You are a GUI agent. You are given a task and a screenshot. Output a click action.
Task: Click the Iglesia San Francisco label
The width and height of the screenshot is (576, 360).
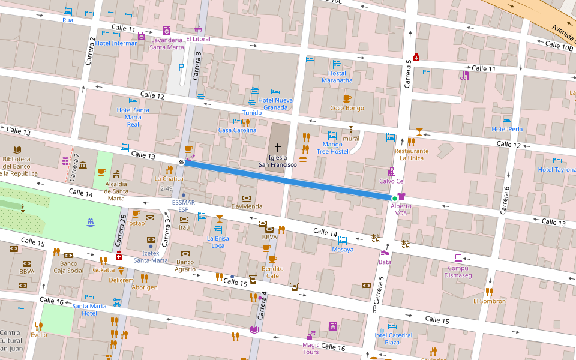[278, 161]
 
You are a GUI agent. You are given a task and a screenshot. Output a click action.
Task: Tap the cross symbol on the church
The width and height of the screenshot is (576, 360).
[278, 147]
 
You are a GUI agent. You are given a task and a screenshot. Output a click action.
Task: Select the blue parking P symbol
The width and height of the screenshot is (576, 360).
[181, 68]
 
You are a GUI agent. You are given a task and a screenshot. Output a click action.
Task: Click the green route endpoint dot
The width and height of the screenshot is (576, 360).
[394, 198]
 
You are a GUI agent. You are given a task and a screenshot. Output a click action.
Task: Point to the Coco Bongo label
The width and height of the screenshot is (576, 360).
[347, 108]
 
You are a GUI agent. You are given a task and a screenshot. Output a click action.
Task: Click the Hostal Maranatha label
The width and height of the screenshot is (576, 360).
[337, 77]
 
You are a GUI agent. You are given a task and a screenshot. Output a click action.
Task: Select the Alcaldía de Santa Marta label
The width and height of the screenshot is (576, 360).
[116, 191]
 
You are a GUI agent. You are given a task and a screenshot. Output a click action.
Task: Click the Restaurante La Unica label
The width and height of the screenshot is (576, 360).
[412, 154]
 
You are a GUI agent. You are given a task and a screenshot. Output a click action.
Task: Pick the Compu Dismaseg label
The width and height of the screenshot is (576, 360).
[458, 272]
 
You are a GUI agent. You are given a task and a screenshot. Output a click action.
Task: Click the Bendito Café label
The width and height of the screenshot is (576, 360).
[272, 272]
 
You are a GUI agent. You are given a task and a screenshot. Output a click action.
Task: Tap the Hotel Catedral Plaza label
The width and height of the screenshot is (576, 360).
[392, 338]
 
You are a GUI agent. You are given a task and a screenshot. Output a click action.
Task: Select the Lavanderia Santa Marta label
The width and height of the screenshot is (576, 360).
[167, 43]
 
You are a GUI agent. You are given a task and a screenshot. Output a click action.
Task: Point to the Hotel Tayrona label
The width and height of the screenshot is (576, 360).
[556, 169]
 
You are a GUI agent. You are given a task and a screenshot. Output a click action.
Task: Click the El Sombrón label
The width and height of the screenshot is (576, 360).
[489, 301]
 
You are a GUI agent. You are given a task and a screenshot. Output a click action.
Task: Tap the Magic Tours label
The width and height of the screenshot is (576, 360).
[311, 348]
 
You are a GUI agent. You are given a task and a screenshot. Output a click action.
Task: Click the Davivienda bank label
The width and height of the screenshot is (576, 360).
[247, 206]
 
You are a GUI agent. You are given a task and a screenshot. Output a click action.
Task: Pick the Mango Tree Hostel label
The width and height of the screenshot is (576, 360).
[332, 148]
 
